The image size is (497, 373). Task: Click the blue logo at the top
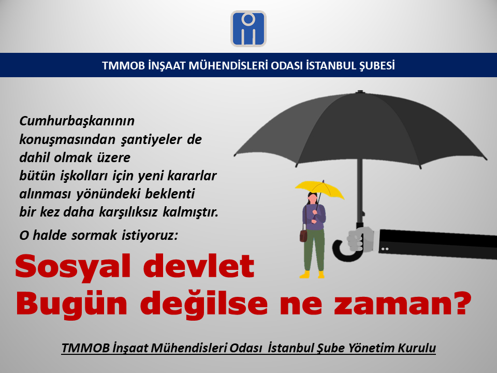(248, 29)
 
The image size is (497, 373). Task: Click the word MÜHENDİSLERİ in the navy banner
(228, 66)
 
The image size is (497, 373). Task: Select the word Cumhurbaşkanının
(77, 121)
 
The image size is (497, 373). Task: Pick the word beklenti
(170, 194)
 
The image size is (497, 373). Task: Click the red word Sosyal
(72, 266)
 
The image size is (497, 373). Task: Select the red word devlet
(199, 266)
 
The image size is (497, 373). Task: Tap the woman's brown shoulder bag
(303, 236)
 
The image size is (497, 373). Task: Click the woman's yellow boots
(312, 275)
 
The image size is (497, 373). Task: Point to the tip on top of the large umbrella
(360, 92)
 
